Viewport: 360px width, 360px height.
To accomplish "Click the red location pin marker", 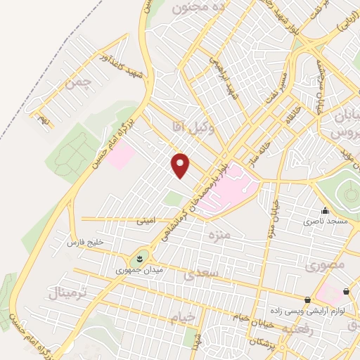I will [x=181, y=165].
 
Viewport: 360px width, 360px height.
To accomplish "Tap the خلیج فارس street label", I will [x=84, y=243].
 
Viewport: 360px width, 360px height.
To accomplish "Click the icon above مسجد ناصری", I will [x=325, y=210].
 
